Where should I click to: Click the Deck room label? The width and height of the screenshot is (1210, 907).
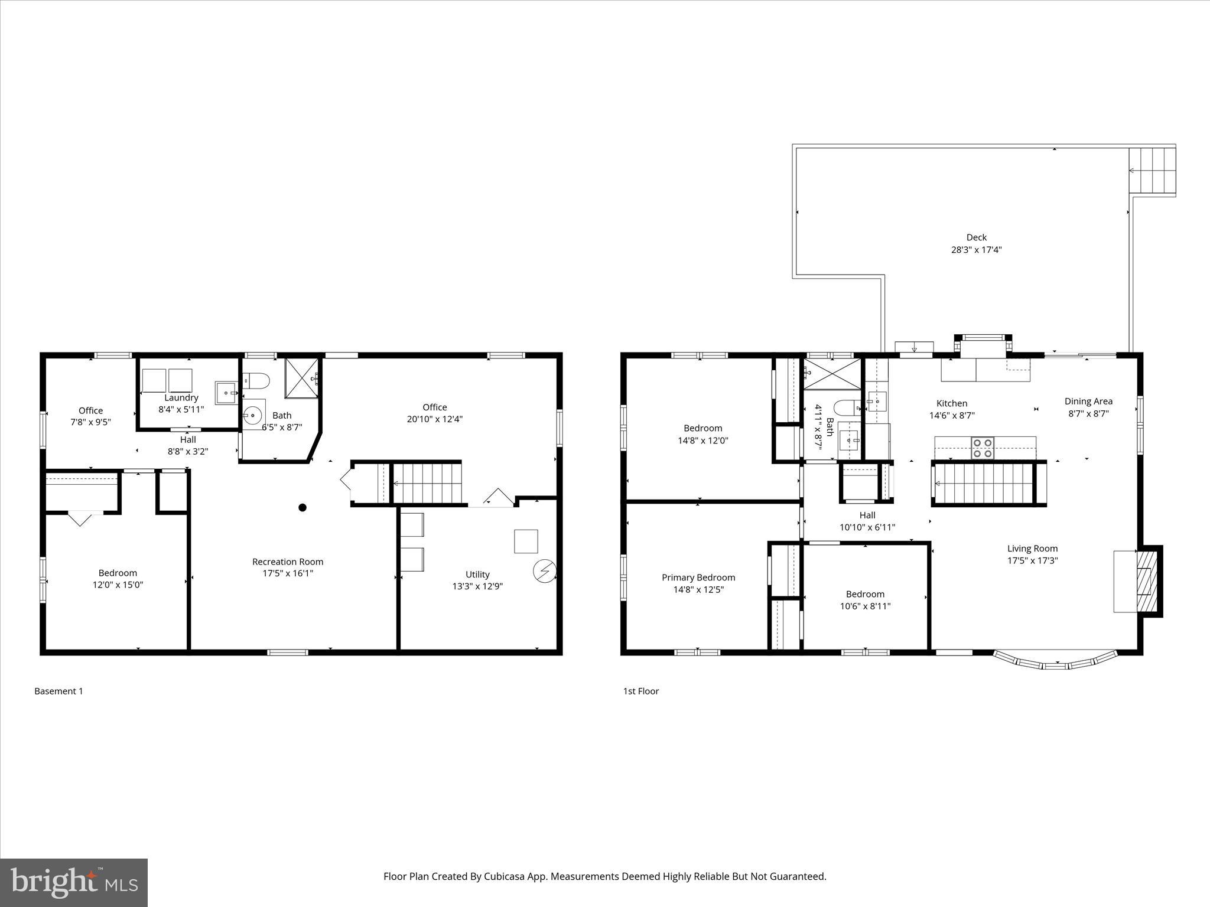click(976, 237)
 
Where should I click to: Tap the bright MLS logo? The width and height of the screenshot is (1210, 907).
click(74, 882)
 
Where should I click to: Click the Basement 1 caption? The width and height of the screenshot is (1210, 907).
click(58, 691)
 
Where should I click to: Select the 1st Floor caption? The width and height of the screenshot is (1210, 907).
click(640, 691)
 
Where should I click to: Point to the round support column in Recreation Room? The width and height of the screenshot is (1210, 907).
click(302, 507)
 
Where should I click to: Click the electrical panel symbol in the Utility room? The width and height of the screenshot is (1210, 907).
click(544, 571)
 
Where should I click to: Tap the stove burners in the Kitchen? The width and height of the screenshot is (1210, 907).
click(983, 448)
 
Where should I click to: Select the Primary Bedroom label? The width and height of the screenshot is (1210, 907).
click(698, 578)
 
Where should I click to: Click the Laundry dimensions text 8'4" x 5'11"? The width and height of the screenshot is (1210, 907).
click(181, 409)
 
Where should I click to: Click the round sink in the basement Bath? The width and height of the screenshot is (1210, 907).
click(253, 415)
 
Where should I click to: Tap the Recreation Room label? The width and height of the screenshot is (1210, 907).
click(288, 562)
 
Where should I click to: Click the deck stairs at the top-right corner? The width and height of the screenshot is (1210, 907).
click(1152, 170)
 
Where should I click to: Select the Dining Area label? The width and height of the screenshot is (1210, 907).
click(1088, 402)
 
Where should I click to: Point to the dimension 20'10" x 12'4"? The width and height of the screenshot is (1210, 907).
click(434, 419)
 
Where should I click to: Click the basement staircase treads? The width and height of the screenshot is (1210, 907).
click(427, 483)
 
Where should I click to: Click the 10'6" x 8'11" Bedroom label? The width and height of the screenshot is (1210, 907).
click(865, 606)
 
